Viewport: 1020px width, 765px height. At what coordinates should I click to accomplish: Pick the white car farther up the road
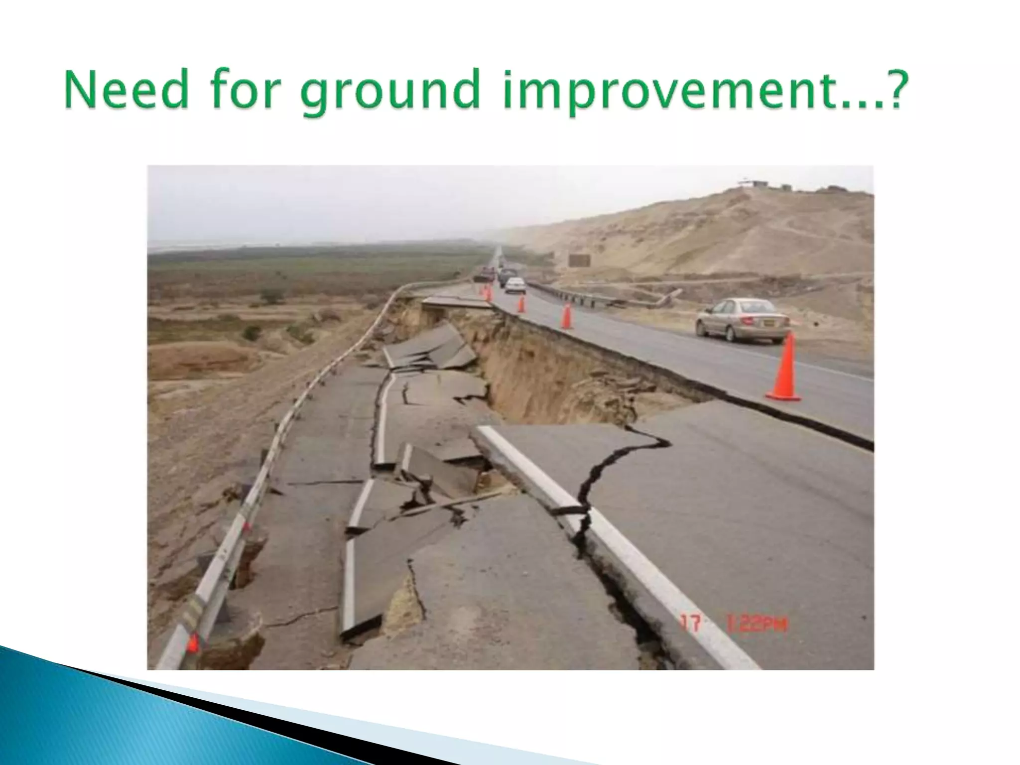click(515, 284)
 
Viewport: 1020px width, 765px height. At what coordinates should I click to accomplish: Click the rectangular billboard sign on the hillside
click(579, 260)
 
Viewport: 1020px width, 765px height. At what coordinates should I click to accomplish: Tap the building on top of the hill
click(752, 184)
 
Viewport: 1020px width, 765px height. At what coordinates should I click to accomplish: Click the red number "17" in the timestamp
click(692, 624)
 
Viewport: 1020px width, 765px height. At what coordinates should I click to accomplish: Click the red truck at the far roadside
click(485, 273)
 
